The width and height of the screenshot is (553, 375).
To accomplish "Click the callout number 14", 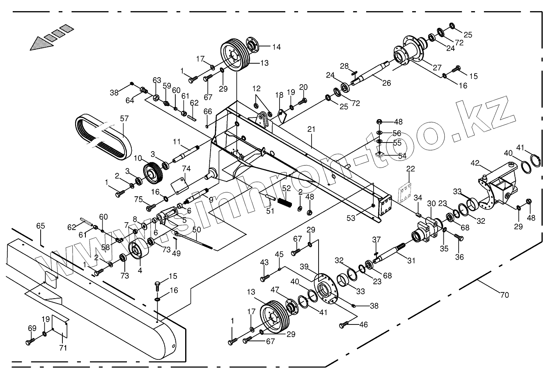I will (276, 47).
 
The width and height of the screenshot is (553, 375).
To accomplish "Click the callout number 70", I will (505, 294).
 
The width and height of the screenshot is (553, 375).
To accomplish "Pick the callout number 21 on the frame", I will (311, 129).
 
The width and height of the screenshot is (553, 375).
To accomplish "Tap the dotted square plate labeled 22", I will (406, 192).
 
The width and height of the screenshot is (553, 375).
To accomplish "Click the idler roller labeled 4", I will (137, 251).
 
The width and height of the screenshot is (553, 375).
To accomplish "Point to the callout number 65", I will (40, 226).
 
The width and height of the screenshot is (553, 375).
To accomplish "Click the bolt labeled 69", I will (30, 341).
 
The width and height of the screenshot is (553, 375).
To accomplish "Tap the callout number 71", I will (63, 348).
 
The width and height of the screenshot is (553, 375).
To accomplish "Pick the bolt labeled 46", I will (344, 325).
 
